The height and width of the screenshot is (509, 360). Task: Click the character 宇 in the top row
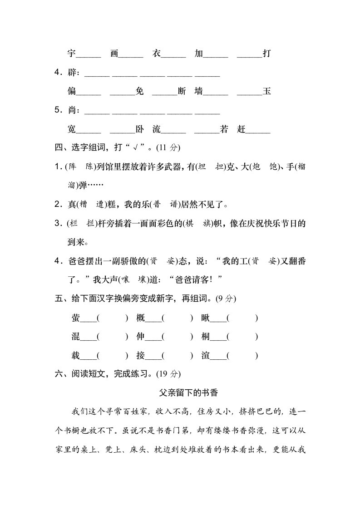tap(71, 54)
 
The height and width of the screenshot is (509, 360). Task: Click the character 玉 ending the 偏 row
tap(267, 91)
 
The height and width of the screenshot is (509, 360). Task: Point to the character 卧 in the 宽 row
tap(139, 129)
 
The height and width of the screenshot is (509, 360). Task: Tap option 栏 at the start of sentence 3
tap(72, 223)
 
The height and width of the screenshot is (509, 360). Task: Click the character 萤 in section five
tap(75, 318)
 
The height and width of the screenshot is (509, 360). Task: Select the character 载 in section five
tap(75, 356)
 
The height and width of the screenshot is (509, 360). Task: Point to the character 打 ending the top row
tap(267, 54)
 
